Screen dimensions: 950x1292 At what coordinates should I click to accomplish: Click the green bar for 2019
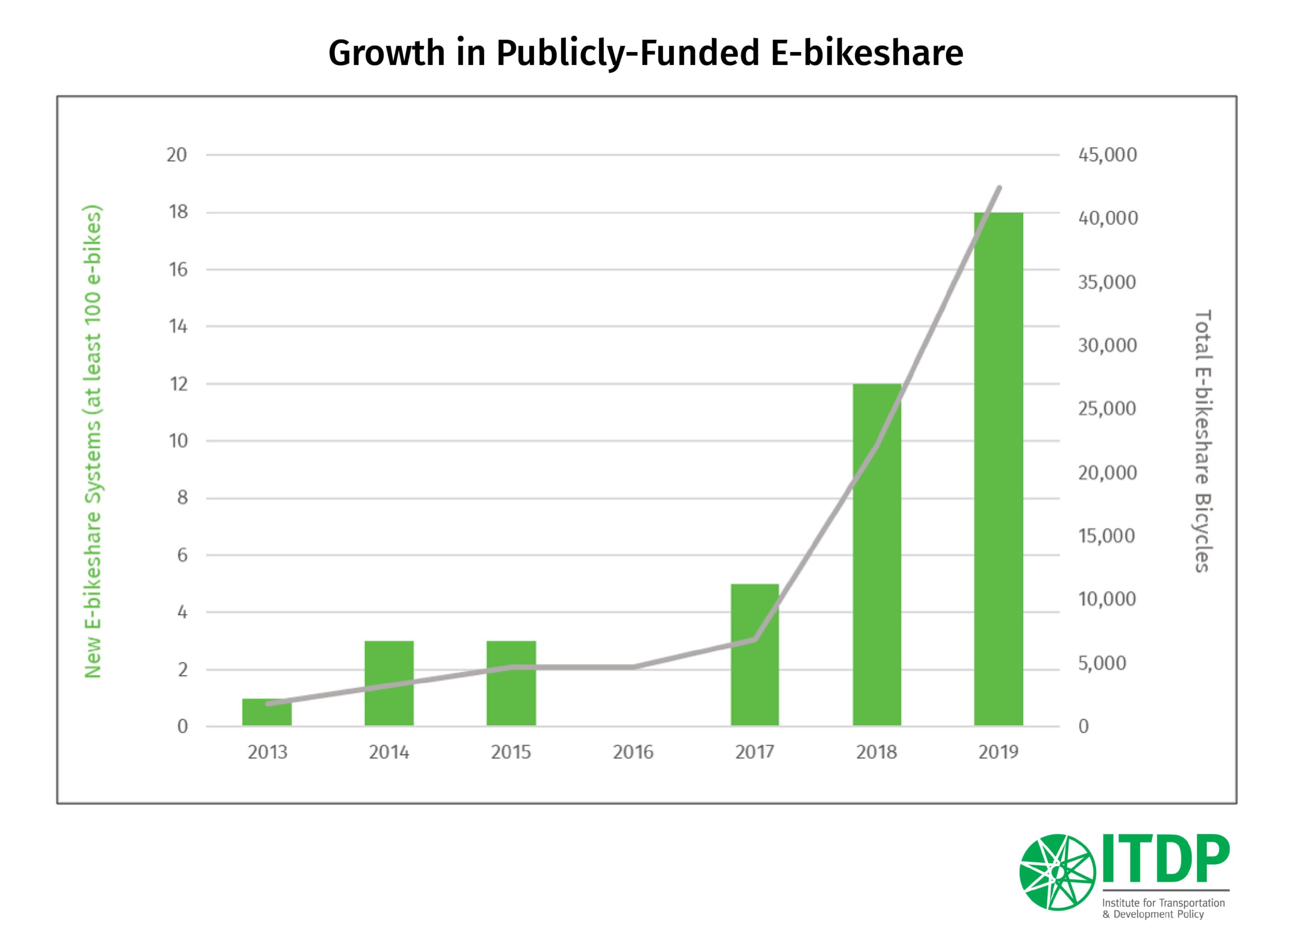(x=998, y=469)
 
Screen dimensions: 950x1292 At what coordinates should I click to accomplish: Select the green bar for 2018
(x=877, y=554)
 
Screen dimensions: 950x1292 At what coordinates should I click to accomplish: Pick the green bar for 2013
(x=267, y=712)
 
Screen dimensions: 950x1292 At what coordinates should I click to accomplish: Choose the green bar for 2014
(x=389, y=683)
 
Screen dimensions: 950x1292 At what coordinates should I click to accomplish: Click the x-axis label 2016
(x=633, y=752)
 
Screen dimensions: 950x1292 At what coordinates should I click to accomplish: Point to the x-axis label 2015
(x=511, y=752)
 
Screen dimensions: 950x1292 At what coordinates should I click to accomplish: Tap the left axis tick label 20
(x=177, y=155)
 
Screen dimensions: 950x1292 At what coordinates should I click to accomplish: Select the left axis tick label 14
(x=178, y=326)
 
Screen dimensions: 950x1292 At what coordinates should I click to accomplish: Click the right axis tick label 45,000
(x=1107, y=155)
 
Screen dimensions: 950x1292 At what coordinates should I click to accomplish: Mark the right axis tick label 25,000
(x=1107, y=409)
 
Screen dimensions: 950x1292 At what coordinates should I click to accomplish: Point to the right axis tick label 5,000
(x=1102, y=663)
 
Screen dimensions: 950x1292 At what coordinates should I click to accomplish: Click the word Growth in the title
(x=387, y=53)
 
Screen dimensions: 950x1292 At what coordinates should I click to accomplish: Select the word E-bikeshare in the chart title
(x=867, y=53)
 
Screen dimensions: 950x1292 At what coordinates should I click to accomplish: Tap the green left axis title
(x=93, y=441)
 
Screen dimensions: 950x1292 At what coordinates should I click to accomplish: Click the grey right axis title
(x=1202, y=441)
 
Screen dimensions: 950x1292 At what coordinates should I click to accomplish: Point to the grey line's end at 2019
(x=999, y=188)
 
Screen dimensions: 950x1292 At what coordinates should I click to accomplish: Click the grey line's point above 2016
(x=633, y=667)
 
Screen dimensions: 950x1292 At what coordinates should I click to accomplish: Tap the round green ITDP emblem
(x=1057, y=872)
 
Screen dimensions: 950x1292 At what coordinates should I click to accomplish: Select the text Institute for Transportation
(x=1163, y=903)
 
